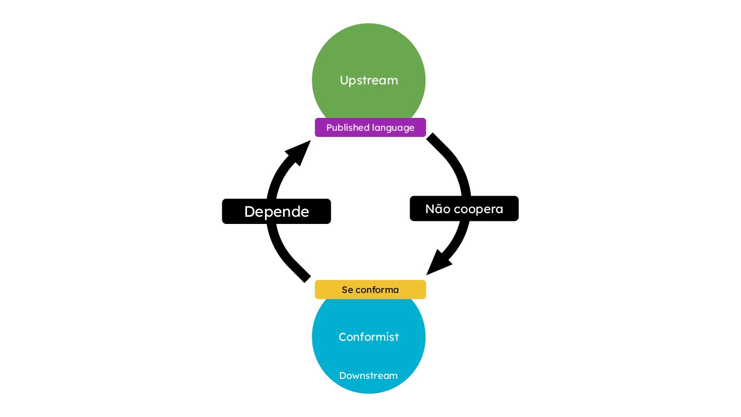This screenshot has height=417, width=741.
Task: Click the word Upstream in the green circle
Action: (x=368, y=80)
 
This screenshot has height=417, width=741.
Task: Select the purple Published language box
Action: (x=370, y=128)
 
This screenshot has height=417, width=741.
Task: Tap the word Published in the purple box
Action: (x=347, y=128)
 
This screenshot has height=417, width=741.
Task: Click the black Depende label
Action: (x=276, y=212)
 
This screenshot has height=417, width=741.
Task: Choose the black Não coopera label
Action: (x=464, y=208)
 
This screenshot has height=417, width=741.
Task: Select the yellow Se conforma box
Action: (x=370, y=289)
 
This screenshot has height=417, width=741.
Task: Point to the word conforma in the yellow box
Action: (x=377, y=290)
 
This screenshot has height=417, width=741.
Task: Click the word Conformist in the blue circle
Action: (x=368, y=337)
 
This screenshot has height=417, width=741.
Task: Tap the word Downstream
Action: (x=368, y=375)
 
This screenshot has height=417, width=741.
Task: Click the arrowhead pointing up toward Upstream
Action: (x=298, y=152)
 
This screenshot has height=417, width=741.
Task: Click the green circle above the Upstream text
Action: (x=368, y=49)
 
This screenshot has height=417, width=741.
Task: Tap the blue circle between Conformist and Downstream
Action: (x=368, y=357)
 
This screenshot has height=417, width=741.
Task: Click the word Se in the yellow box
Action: (x=347, y=290)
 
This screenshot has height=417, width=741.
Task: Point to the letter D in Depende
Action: (x=250, y=212)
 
